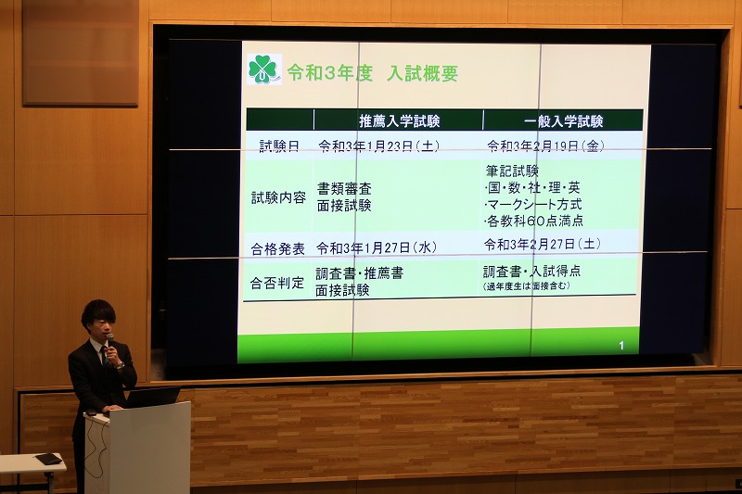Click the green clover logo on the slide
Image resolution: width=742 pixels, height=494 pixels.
tap(264, 70)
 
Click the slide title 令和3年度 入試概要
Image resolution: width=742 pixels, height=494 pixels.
tap(373, 73)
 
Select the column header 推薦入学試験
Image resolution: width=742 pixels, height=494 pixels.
tap(400, 121)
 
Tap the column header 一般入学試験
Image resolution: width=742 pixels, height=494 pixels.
tap(563, 121)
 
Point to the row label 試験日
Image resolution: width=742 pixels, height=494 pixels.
tap(279, 146)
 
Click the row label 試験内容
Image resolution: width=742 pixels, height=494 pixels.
tap(279, 197)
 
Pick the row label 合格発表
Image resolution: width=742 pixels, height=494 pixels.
tap(277, 248)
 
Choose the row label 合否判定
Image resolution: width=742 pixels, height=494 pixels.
tap(276, 284)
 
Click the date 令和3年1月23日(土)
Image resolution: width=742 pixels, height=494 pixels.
tap(378, 146)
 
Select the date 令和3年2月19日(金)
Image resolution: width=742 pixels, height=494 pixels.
tap(545, 146)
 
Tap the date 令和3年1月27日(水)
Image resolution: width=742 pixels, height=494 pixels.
tap(377, 247)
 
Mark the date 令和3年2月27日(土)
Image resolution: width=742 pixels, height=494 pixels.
tap(543, 244)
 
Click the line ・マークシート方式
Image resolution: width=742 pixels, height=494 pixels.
tap(532, 204)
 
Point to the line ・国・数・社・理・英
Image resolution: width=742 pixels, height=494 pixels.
tap(532, 187)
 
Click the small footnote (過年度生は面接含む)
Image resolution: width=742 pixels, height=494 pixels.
tap(526, 286)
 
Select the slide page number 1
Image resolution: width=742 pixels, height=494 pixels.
tap(621, 346)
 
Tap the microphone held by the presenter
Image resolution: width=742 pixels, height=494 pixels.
tap(109, 342)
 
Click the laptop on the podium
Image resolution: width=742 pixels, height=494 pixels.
tap(151, 397)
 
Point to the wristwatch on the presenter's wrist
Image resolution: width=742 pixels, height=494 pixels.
tap(121, 364)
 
